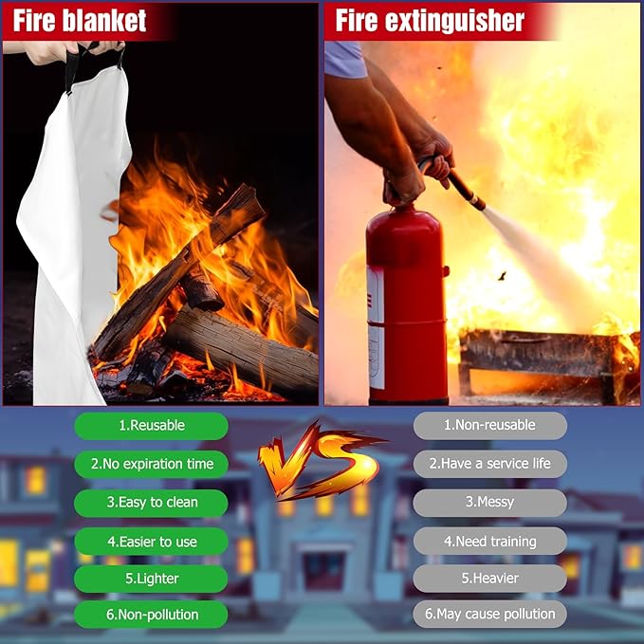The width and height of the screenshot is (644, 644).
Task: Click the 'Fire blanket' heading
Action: tap(80, 21)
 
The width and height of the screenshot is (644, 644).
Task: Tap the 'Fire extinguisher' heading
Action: tap(430, 20)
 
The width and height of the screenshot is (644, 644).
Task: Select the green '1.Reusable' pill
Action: tap(151, 426)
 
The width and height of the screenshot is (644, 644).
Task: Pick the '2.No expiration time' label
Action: tap(151, 464)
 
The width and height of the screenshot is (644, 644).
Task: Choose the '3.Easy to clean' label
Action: tap(151, 503)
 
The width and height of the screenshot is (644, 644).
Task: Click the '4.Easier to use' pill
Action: tap(151, 542)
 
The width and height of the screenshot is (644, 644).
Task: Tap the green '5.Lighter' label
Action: tap(151, 579)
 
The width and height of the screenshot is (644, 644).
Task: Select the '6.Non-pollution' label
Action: tap(151, 615)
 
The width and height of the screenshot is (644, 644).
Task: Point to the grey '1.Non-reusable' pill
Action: tap(490, 426)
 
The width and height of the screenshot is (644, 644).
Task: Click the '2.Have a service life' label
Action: tap(490, 464)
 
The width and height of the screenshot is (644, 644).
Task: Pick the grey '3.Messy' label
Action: tap(490, 503)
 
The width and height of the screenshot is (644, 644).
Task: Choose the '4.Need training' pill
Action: tap(490, 541)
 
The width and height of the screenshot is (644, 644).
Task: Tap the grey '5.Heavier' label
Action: tap(490, 579)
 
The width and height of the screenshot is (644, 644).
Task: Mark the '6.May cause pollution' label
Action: tap(490, 614)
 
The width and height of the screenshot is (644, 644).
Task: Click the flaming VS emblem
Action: tap(321, 460)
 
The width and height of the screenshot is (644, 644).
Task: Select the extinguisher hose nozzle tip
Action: tap(480, 203)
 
